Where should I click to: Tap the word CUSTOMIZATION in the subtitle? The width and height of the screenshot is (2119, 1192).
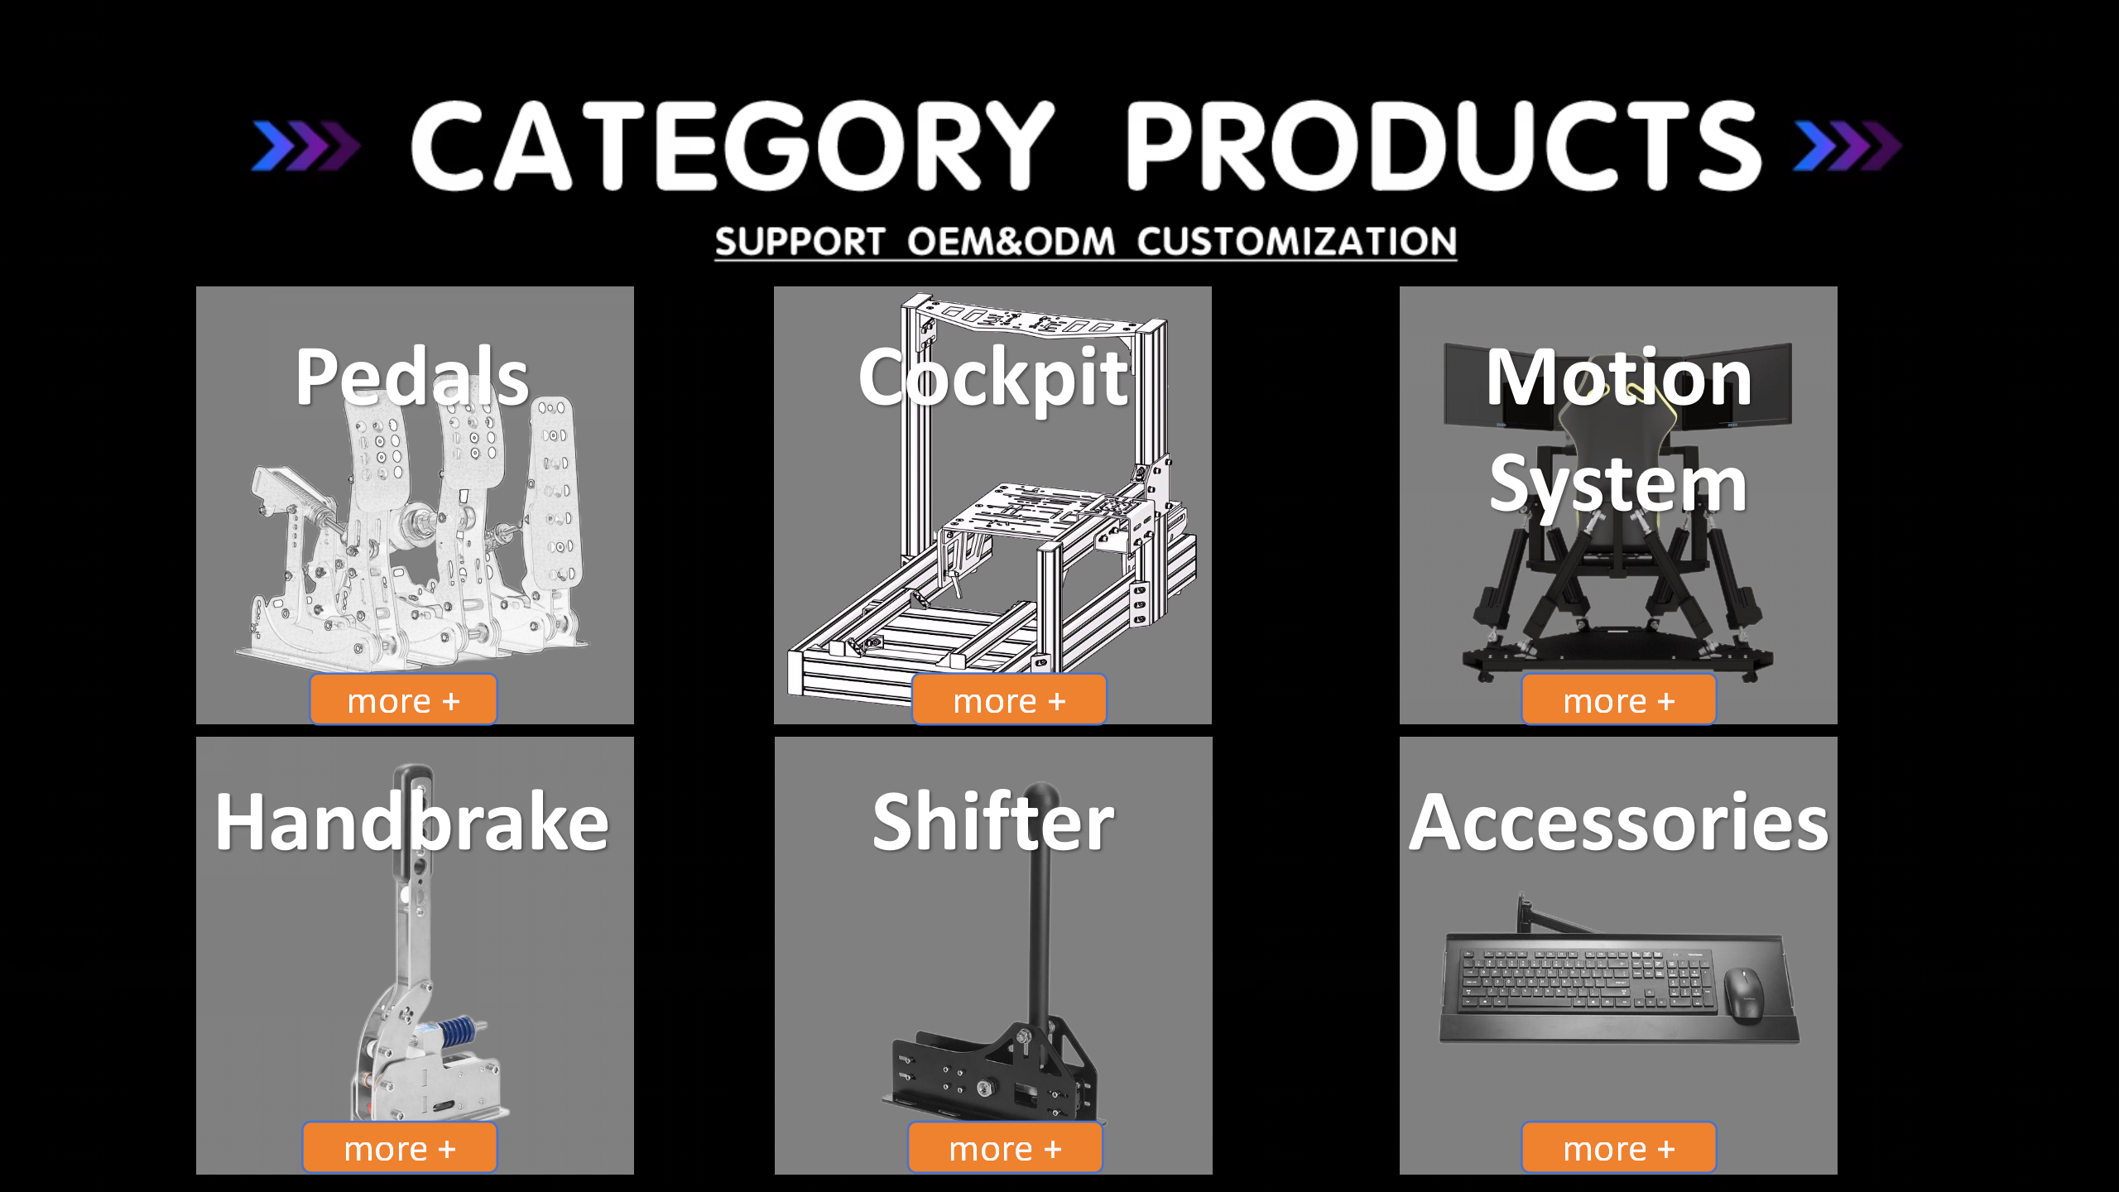pyautogui.click(x=1296, y=242)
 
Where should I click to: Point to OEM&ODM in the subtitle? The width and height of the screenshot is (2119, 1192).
pyautogui.click(x=1011, y=242)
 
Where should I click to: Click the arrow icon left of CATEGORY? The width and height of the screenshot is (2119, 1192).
pyautogui.click(x=305, y=147)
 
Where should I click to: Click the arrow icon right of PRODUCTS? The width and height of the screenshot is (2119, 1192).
pyautogui.click(x=1847, y=147)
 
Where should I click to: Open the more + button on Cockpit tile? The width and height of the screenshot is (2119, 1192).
pyautogui.click(x=1009, y=700)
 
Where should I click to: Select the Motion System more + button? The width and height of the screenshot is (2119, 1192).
pyautogui.click(x=1618, y=700)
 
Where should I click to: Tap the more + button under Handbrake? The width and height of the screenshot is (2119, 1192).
pyautogui.click(x=400, y=1148)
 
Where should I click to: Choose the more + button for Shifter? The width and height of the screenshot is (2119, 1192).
pyautogui.click(x=1005, y=1148)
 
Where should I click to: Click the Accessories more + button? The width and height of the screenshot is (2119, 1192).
pyautogui.click(x=1618, y=1148)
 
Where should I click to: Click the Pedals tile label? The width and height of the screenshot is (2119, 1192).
pyautogui.click(x=412, y=377)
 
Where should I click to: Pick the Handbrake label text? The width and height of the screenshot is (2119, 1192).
pyautogui.click(x=412, y=822)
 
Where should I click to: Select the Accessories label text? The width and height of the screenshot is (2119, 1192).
pyautogui.click(x=1619, y=822)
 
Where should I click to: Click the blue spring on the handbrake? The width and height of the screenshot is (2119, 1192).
pyautogui.click(x=457, y=1031)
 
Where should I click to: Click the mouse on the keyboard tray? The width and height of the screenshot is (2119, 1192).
pyautogui.click(x=1743, y=994)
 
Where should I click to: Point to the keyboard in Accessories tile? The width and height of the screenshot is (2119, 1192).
pyautogui.click(x=1583, y=981)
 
